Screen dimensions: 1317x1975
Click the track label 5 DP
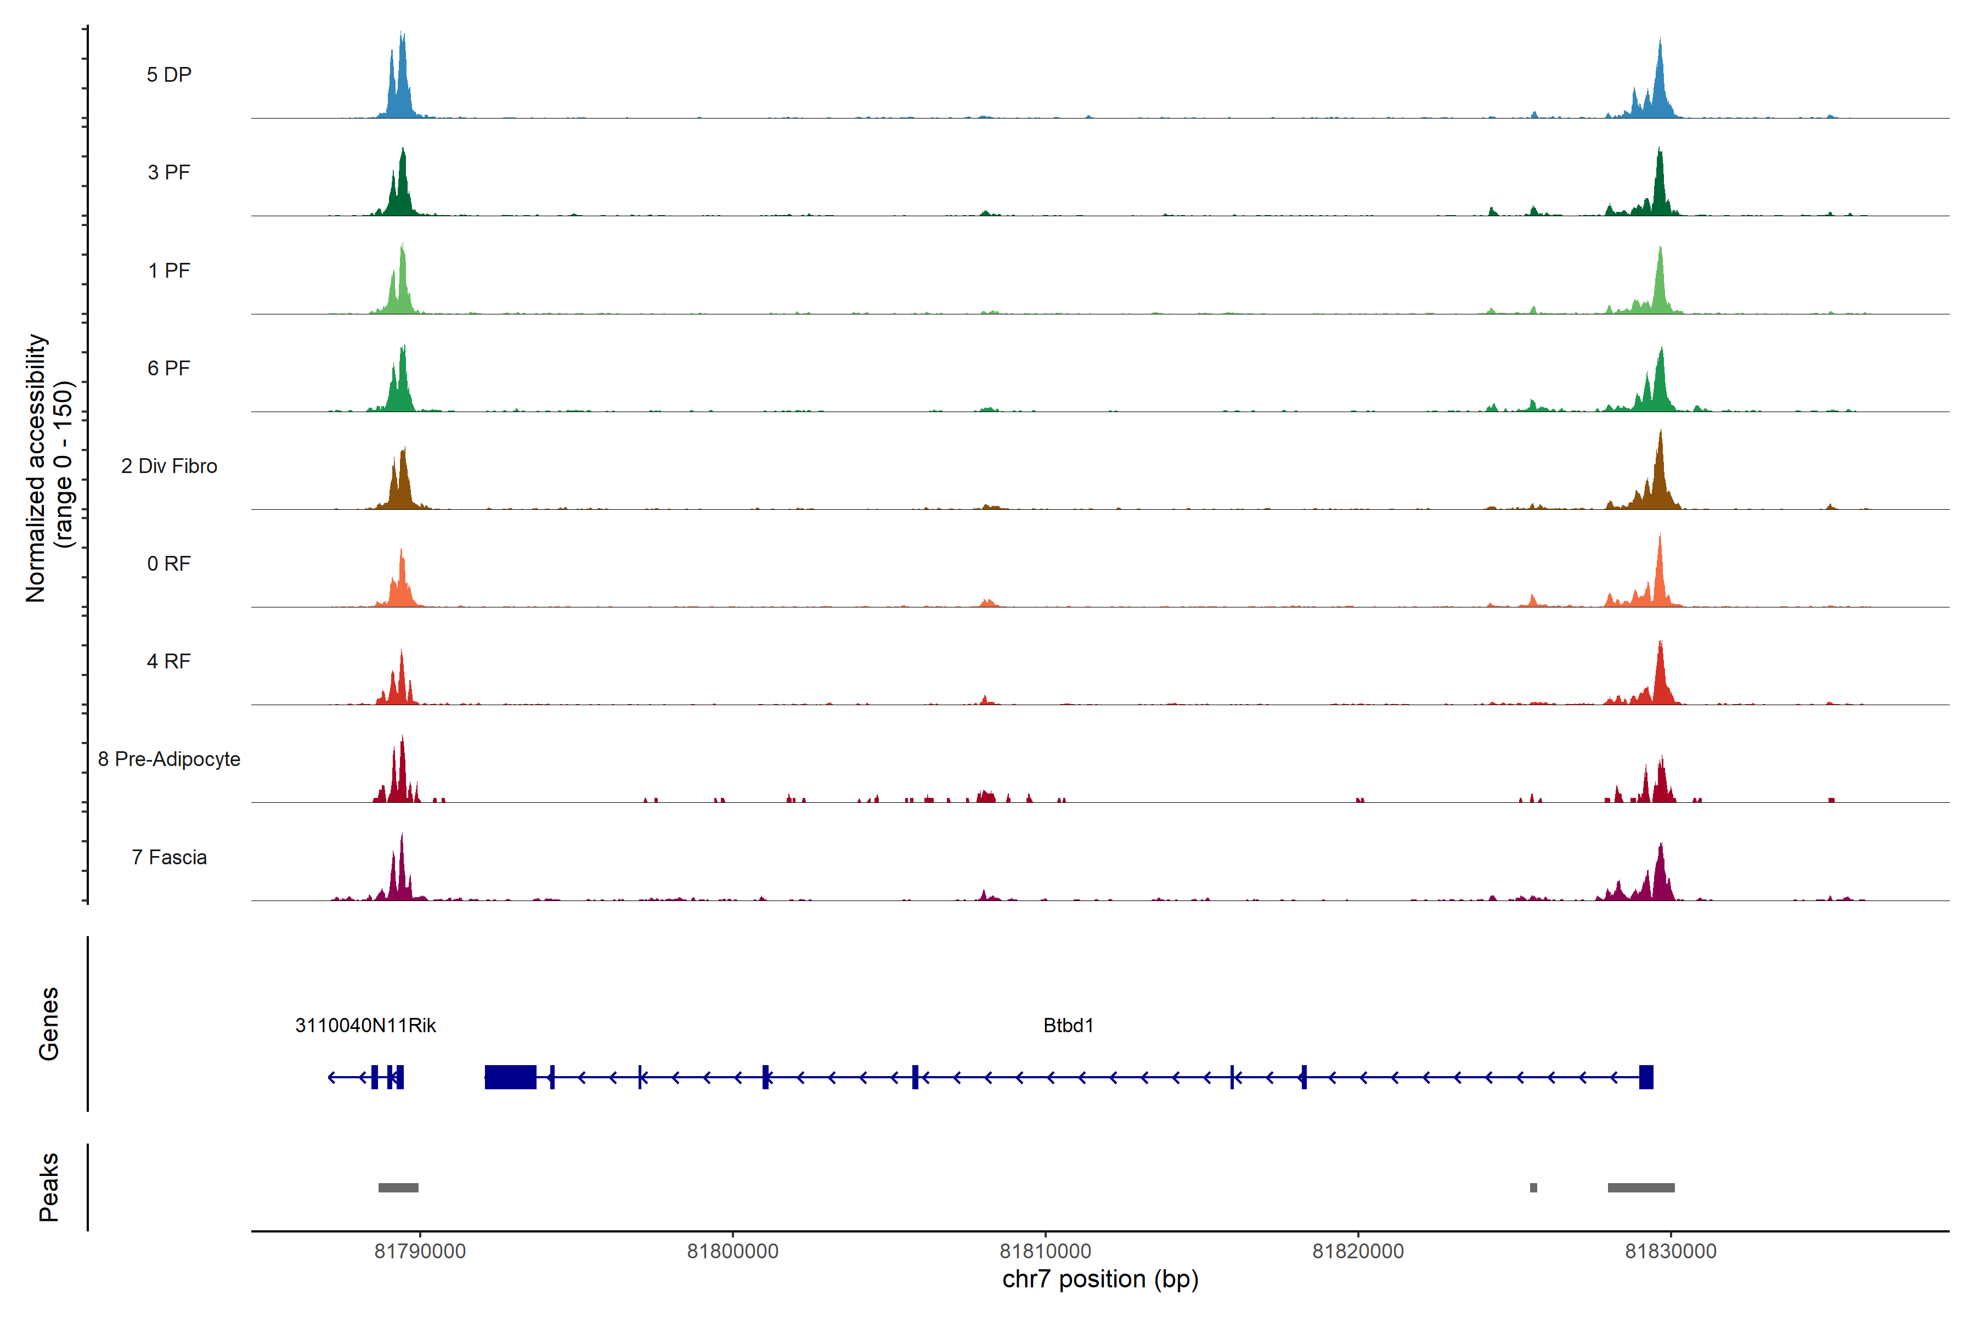(x=169, y=75)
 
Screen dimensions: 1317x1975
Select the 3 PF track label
(x=169, y=172)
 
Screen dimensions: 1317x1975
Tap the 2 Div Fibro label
(x=169, y=466)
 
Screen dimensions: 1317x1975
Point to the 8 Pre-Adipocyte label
(x=169, y=759)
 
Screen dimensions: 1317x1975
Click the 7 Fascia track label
(x=169, y=858)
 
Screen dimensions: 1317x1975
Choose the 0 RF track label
(x=169, y=564)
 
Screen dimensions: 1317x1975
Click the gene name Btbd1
(x=1068, y=1026)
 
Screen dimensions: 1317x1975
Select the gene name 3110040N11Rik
(x=365, y=1026)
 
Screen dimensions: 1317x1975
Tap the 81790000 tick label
(x=420, y=1252)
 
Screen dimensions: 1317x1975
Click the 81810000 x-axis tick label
(x=1046, y=1252)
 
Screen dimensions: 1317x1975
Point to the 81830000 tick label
(x=1671, y=1252)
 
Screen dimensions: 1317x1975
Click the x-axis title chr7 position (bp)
(x=1100, y=1279)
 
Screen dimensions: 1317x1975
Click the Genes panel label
(x=49, y=1024)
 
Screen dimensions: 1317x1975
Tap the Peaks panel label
(x=49, y=1187)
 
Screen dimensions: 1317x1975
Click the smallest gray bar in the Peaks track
(x=1533, y=1187)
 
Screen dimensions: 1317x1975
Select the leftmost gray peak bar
(x=398, y=1187)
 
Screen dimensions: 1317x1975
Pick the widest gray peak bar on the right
(x=1641, y=1187)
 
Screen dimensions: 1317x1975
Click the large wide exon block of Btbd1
(x=511, y=1077)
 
